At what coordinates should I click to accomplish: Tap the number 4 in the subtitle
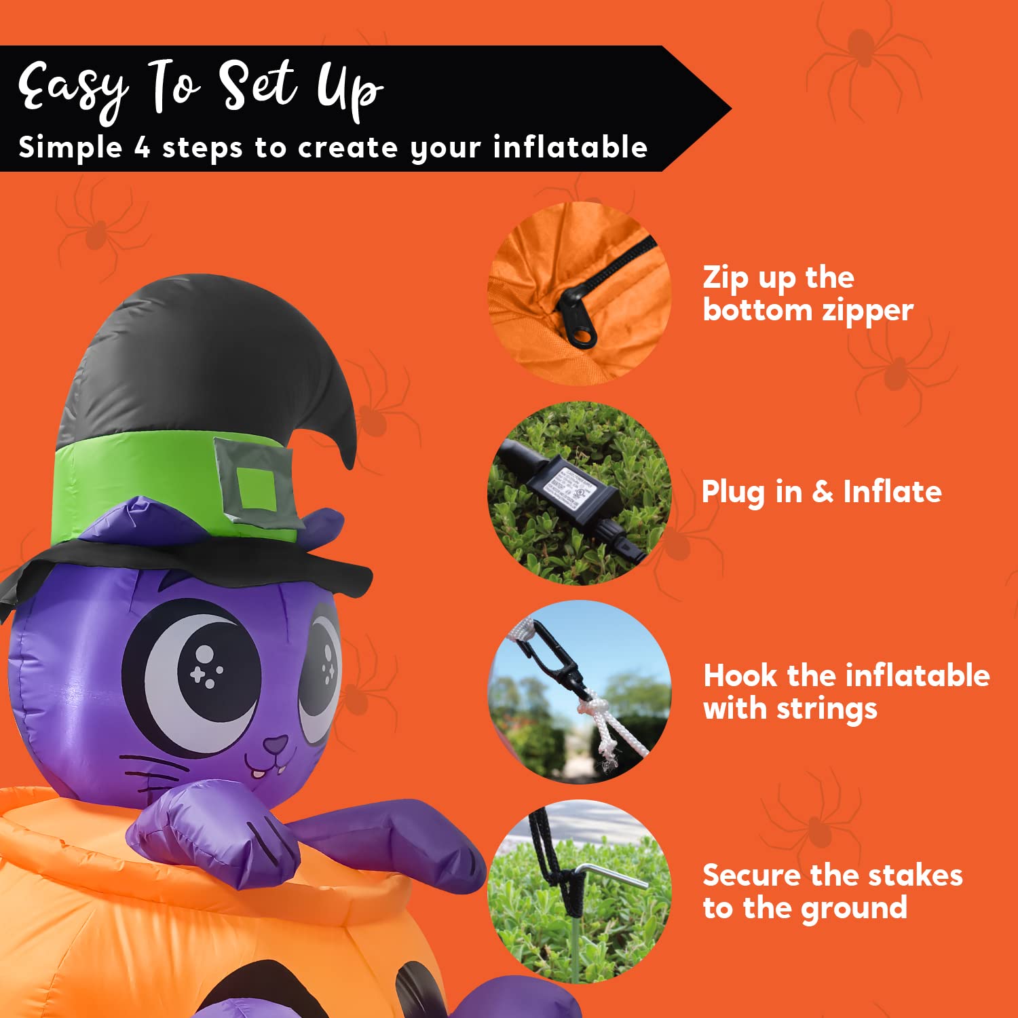click(142, 148)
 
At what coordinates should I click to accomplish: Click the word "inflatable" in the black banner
click(570, 147)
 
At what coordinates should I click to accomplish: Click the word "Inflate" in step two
click(892, 491)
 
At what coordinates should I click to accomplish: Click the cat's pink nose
click(275, 746)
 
